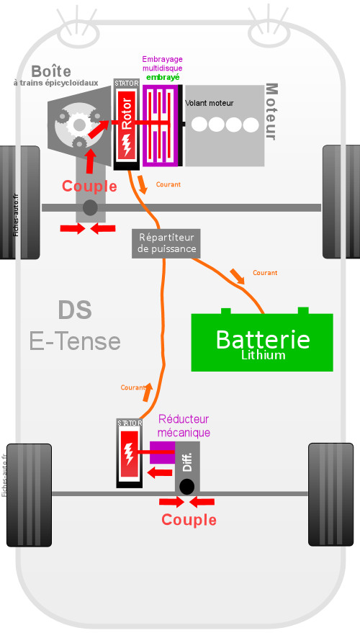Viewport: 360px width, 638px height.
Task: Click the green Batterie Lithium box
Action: tap(262, 341)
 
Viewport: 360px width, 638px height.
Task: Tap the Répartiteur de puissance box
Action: tap(166, 243)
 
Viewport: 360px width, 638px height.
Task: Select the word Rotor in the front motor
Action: tap(127, 114)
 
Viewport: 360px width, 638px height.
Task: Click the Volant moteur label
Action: tap(209, 103)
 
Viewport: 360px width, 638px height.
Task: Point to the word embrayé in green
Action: tap(163, 77)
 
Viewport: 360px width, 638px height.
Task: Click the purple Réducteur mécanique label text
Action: tap(184, 426)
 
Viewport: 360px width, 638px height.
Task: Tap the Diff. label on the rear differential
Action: tap(187, 462)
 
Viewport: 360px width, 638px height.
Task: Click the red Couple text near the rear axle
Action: tap(189, 520)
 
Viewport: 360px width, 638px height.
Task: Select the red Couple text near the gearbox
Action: tap(89, 186)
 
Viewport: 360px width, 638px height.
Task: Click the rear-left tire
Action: tap(30, 495)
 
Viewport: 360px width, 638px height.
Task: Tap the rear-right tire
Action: tap(330, 495)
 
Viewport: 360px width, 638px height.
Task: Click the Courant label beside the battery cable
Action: tap(265, 273)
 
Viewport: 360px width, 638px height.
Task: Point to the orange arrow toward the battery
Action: tap(237, 276)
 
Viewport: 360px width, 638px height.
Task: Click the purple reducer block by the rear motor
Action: tap(162, 452)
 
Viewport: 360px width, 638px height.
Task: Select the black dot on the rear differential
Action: tap(186, 487)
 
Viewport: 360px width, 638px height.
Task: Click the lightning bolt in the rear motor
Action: tap(129, 453)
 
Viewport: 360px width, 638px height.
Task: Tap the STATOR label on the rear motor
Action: tap(130, 423)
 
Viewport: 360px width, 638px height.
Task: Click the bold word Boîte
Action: tap(51, 71)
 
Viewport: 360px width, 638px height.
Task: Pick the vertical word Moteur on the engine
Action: tap(271, 112)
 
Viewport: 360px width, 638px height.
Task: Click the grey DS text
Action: tap(75, 310)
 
